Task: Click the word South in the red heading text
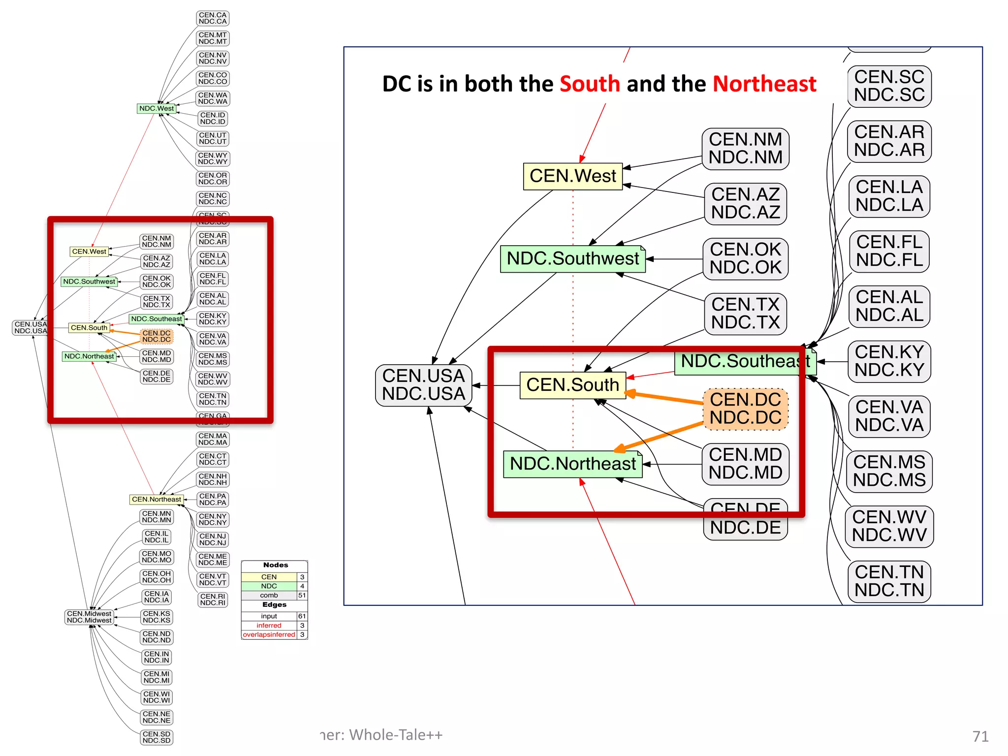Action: (x=590, y=84)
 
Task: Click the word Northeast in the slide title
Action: (x=764, y=84)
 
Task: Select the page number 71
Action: (x=980, y=736)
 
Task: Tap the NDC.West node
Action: (x=157, y=108)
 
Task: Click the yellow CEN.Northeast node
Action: (x=157, y=499)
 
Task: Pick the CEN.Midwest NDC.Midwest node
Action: (x=89, y=617)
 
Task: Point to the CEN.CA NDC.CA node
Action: (x=213, y=18)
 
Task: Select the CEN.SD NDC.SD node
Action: (x=157, y=737)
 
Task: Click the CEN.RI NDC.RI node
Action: (x=213, y=599)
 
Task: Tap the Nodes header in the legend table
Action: (x=275, y=565)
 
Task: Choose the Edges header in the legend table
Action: (x=274, y=605)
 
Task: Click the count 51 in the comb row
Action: (x=302, y=596)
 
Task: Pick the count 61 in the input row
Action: (x=302, y=616)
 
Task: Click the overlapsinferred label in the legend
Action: (x=269, y=635)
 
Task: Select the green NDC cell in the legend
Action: (x=269, y=586)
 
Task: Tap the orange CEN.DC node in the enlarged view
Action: (x=745, y=409)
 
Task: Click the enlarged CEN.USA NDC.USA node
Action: (x=423, y=385)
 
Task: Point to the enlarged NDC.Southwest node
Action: (x=572, y=258)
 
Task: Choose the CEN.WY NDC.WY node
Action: (x=213, y=158)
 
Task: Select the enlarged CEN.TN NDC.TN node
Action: (x=889, y=581)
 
